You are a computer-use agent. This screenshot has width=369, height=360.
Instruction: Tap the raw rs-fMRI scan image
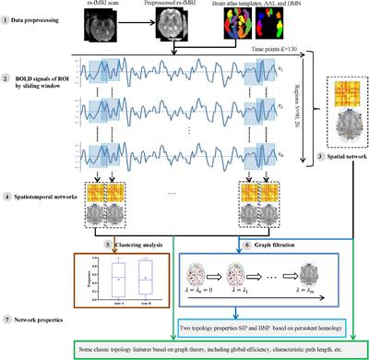tap(133, 30)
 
